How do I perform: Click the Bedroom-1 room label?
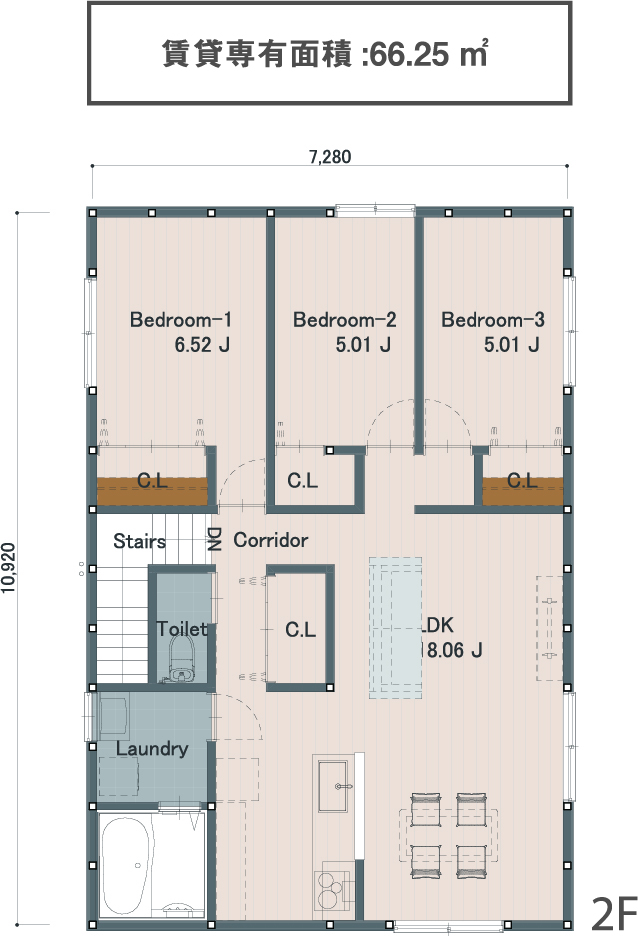click(x=180, y=320)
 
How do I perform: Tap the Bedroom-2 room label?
click(x=345, y=320)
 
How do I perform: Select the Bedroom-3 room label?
click(x=493, y=320)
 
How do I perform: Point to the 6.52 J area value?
click(x=202, y=345)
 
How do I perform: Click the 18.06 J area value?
click(x=451, y=650)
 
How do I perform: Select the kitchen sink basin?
click(x=336, y=786)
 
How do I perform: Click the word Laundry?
click(x=152, y=749)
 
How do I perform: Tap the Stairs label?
click(x=139, y=541)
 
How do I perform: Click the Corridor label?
click(x=271, y=540)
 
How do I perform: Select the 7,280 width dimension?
click(x=330, y=157)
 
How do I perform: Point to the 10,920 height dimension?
click(x=8, y=568)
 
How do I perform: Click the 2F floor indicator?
click(x=614, y=912)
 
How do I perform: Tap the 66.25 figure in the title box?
click(x=409, y=55)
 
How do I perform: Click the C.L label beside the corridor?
click(x=300, y=629)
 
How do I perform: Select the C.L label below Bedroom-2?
click(x=302, y=480)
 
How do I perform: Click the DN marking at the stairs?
click(x=214, y=539)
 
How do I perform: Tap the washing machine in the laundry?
click(x=114, y=715)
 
